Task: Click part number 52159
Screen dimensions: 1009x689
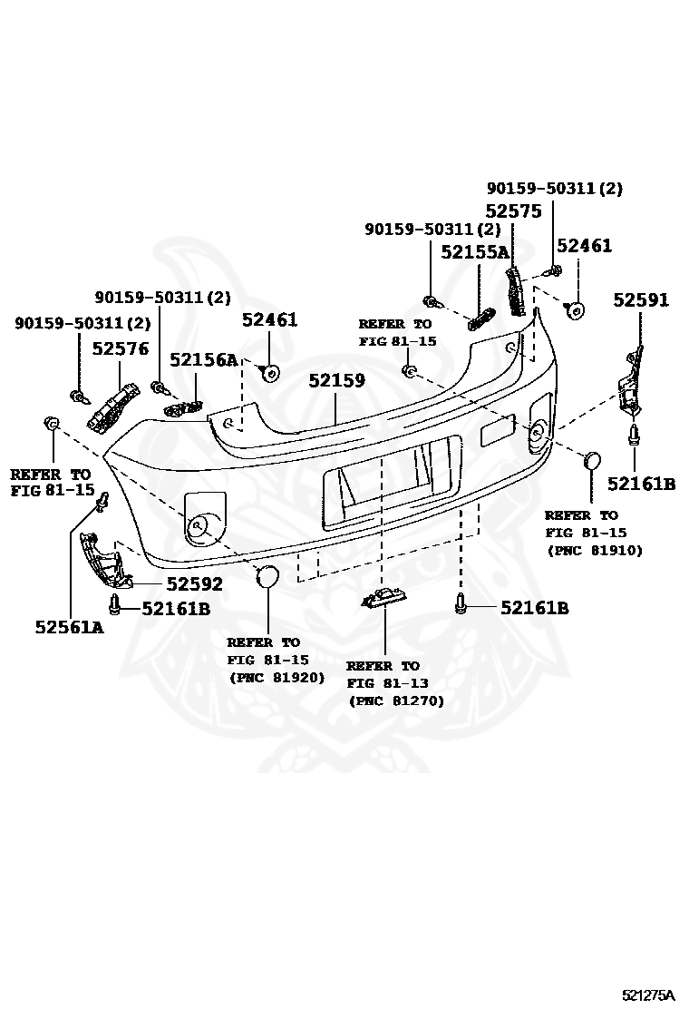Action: pyautogui.click(x=336, y=380)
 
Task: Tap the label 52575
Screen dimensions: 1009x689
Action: pyautogui.click(x=513, y=211)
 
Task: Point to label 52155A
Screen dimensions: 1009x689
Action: pyautogui.click(x=475, y=252)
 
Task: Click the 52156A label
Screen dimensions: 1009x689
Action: pyautogui.click(x=204, y=360)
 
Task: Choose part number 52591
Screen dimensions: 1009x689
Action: pyautogui.click(x=641, y=299)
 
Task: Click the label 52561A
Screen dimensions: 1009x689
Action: pyautogui.click(x=70, y=626)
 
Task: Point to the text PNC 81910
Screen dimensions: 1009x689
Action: pyautogui.click(x=594, y=550)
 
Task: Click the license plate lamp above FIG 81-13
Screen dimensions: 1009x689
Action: pyautogui.click(x=382, y=598)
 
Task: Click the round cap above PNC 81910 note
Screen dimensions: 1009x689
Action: pyautogui.click(x=591, y=460)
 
